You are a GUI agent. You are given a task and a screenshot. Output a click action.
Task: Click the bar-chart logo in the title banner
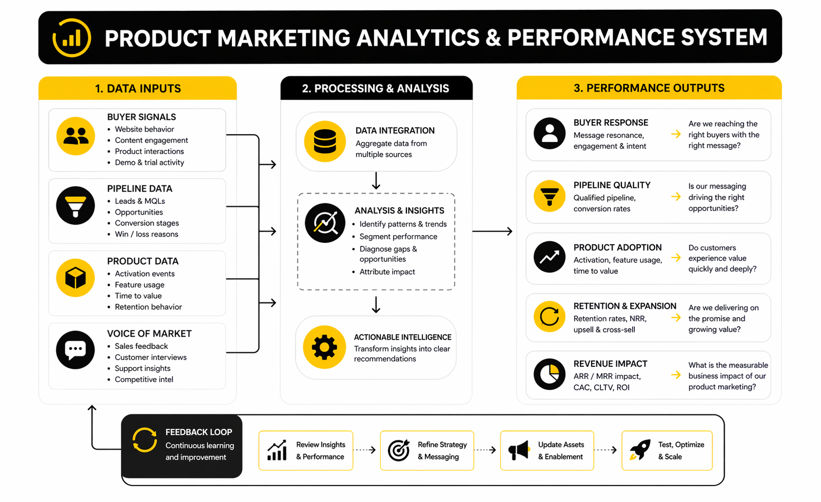(72, 37)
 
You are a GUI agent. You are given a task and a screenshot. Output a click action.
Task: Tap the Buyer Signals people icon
(76, 136)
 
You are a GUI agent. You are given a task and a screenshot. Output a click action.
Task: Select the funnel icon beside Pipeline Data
(76, 206)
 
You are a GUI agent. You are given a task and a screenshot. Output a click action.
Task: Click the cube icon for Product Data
(76, 278)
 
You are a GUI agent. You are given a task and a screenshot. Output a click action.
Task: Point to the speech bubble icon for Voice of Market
(76, 350)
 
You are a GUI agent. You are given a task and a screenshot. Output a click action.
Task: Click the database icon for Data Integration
(325, 141)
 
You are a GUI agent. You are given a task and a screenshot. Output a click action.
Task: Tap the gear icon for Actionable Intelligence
(325, 347)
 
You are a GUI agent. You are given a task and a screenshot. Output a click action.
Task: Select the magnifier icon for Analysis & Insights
(325, 223)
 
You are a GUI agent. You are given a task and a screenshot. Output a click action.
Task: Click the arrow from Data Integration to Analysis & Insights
(376, 180)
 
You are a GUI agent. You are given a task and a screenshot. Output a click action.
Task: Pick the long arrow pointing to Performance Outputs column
(492, 231)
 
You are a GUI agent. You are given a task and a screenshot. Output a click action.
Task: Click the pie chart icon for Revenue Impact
(549, 374)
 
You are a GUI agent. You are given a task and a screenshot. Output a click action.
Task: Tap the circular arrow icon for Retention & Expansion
(549, 317)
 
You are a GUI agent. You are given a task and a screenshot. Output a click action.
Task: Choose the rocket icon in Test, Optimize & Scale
(640, 450)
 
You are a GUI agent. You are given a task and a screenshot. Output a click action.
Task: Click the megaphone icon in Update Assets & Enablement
(519, 450)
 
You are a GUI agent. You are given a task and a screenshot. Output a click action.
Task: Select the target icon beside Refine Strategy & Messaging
(399, 450)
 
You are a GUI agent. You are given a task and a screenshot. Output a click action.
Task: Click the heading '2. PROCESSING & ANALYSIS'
(375, 89)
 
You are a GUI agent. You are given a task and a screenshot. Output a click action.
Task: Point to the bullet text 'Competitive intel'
(144, 380)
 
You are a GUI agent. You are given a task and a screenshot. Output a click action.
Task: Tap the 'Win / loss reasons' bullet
(146, 234)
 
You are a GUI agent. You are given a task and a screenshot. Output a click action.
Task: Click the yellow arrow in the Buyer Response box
(676, 134)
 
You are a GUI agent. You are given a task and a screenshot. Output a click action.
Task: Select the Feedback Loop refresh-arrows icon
(144, 440)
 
